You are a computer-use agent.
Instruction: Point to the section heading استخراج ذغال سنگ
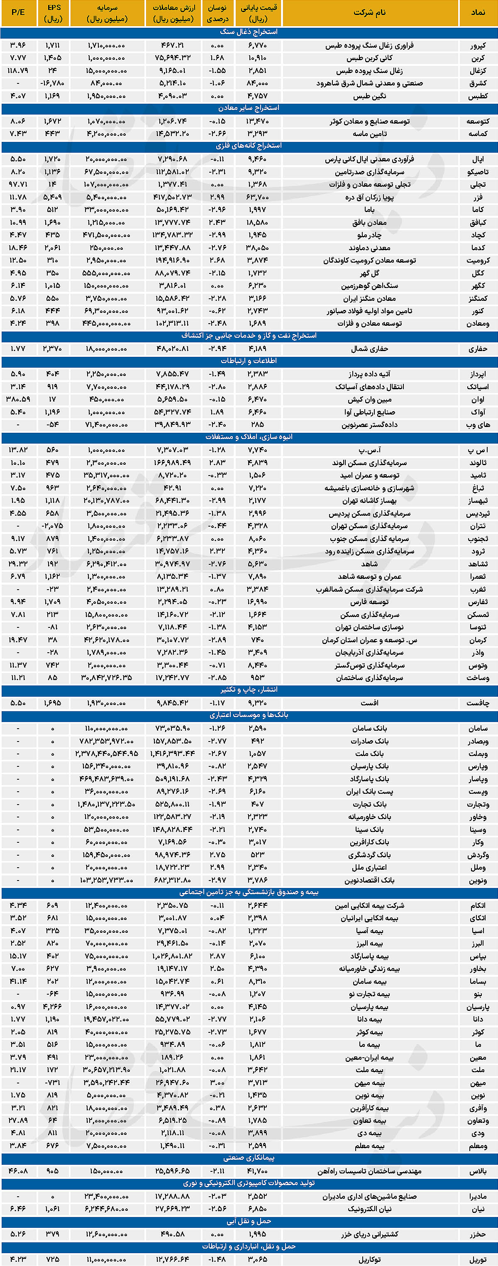[249, 32]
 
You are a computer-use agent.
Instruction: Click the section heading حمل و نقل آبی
[249, 1221]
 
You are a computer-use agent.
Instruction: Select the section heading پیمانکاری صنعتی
[249, 1158]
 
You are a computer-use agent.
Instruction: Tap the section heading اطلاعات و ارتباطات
[249, 361]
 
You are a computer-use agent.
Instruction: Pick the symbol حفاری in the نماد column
[477, 349]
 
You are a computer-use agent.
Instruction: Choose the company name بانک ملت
[369, 754]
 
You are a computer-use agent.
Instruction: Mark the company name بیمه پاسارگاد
[369, 956]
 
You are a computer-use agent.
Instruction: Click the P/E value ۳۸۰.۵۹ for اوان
[18, 399]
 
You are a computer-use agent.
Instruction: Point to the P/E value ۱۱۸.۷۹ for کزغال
[18, 70]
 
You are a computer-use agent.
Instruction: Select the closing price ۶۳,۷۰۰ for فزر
[258, 197]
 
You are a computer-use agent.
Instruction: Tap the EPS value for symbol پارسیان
[53, 1007]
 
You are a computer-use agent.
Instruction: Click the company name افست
[369, 703]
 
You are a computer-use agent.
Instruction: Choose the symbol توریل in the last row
[477, 1259]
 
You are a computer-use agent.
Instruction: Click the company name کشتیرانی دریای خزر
[369, 1234]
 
